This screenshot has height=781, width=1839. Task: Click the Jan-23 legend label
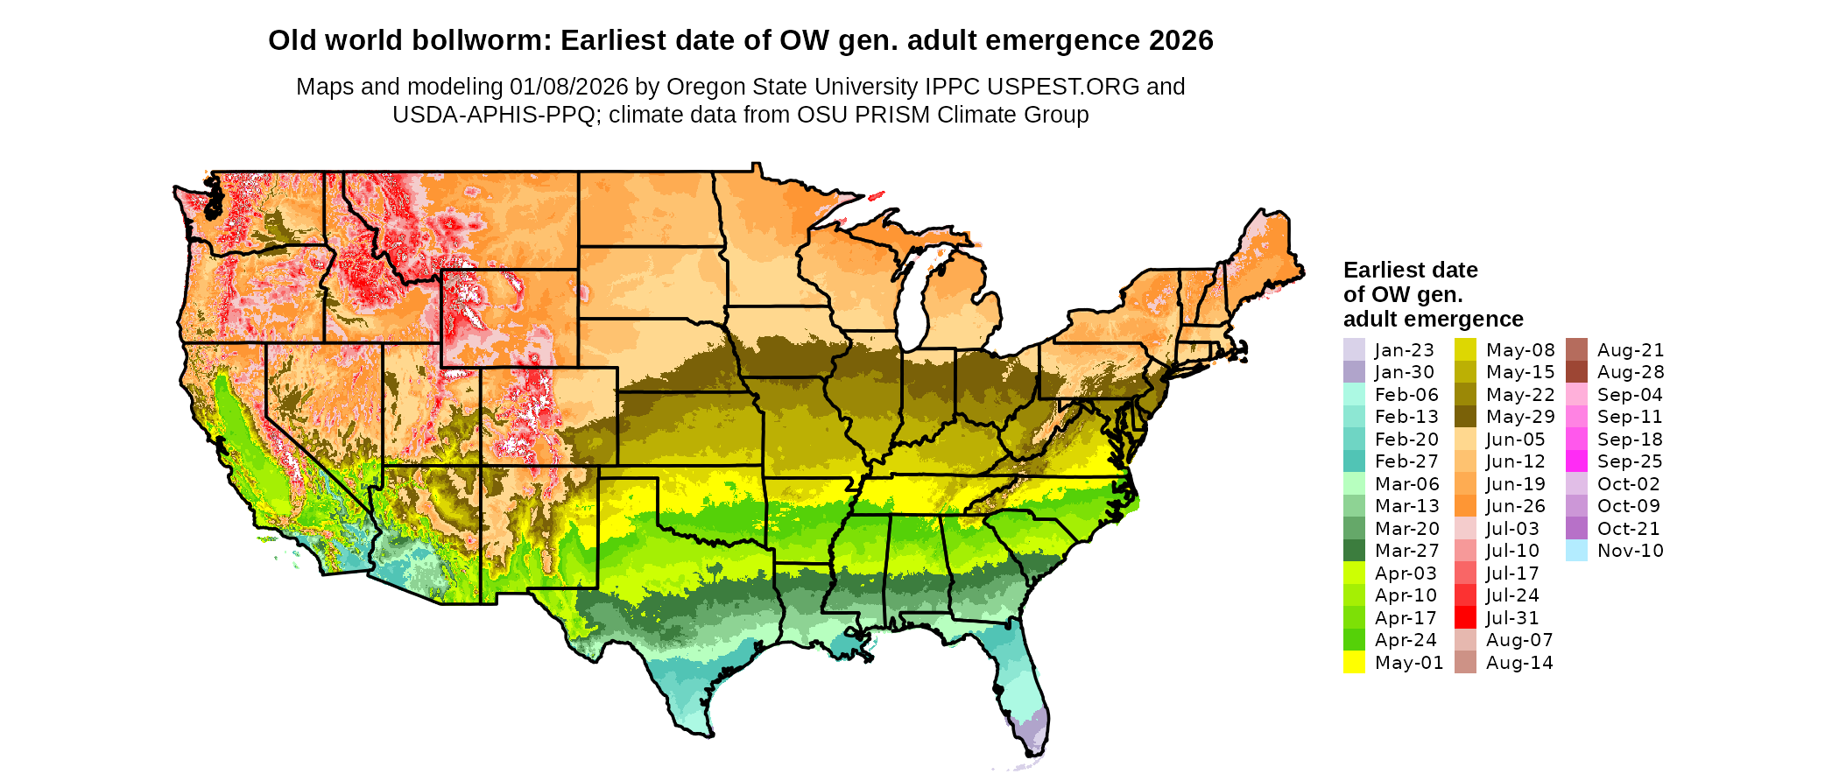1404,350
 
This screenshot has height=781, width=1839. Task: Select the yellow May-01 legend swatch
1354,663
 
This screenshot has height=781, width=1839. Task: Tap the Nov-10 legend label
1630,551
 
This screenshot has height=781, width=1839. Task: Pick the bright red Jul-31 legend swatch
1465,618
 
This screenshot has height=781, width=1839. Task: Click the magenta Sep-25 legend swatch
1576,461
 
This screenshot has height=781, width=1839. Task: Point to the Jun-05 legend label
1515,440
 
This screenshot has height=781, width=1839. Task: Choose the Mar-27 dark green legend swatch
1354,551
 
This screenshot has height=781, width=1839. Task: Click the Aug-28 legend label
1630,372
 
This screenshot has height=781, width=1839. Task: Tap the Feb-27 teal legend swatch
1354,461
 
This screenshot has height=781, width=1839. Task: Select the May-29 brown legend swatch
1465,417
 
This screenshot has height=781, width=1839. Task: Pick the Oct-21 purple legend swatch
1576,529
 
